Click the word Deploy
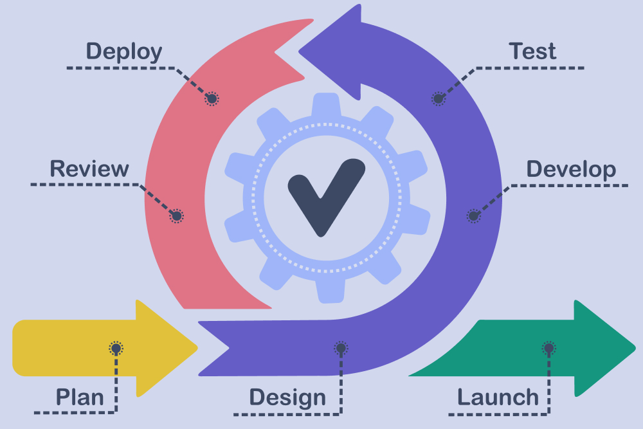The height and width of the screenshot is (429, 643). tap(124, 51)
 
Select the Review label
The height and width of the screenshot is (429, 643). tap(89, 169)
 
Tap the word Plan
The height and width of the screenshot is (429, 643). tap(80, 397)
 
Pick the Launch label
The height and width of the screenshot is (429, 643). tap(498, 397)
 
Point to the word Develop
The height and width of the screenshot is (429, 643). tap(571, 169)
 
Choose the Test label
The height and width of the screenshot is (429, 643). tap(532, 51)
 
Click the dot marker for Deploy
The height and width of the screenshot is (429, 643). tap(212, 98)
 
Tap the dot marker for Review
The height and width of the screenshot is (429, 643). tap(176, 216)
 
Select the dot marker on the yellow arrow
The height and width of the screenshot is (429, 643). tap(116, 349)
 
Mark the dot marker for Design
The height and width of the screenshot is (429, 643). tap(341, 349)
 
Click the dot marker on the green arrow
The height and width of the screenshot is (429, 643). tap(548, 349)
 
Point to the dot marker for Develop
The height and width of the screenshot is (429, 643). tap(473, 216)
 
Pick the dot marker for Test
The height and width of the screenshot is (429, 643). tap(439, 98)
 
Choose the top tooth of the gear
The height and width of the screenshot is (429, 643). tap(325, 103)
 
